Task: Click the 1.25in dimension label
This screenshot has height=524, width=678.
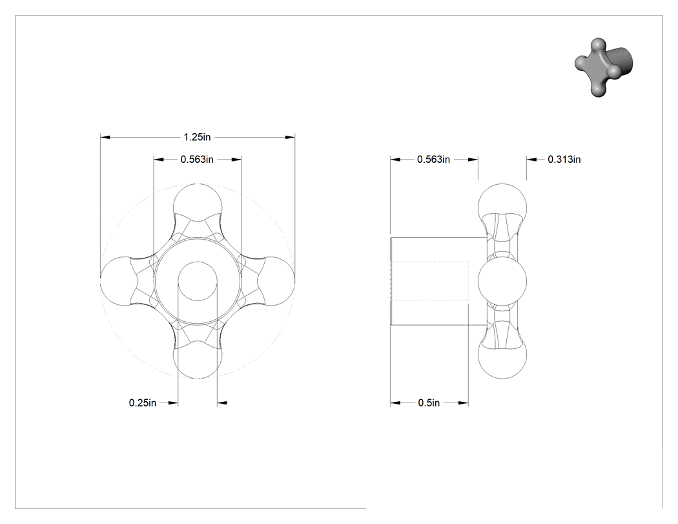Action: coord(197,137)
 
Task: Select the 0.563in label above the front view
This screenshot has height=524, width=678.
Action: coord(197,159)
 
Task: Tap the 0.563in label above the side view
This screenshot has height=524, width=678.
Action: coord(434,159)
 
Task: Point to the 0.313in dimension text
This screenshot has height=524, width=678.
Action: coord(564,159)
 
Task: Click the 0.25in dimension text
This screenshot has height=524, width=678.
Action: coord(143,403)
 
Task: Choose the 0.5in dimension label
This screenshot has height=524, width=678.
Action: coord(429,403)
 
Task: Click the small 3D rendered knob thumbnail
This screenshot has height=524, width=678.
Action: coord(604,67)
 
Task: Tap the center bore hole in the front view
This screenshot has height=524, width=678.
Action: coord(198,281)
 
